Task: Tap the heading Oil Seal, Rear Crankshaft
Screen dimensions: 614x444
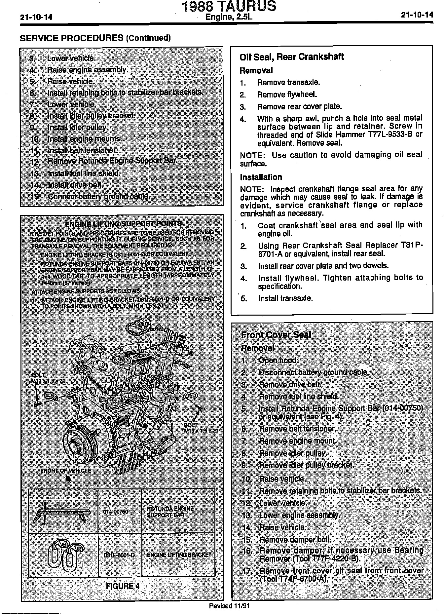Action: tap(291, 57)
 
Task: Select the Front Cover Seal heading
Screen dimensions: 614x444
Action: tap(276, 335)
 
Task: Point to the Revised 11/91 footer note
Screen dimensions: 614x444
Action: tap(229, 606)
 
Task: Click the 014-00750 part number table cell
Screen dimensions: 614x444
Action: tap(115, 512)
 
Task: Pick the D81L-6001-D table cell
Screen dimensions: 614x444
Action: tap(119, 555)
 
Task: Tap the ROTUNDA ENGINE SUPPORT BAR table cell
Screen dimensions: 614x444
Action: tap(170, 512)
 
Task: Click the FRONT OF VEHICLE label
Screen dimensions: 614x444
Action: tap(66, 470)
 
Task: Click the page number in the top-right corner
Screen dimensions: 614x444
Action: tap(417, 15)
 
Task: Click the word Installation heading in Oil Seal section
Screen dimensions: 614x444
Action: tap(261, 177)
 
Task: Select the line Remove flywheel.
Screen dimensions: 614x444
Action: tap(287, 95)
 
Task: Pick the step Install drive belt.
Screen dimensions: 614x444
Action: tap(75, 185)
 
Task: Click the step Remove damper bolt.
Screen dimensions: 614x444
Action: tap(295, 540)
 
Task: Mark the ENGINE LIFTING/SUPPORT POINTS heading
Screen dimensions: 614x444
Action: tap(123, 224)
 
